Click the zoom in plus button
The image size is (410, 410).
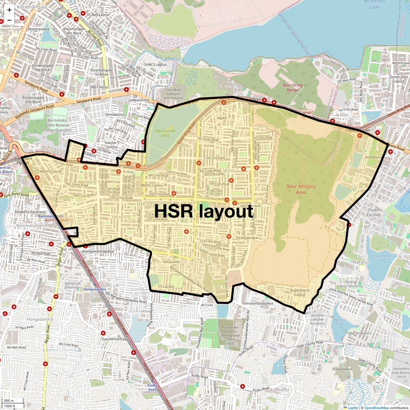(9, 10)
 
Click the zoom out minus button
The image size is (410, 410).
(9, 20)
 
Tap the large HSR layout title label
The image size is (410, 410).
(204, 211)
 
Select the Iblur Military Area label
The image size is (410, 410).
(301, 189)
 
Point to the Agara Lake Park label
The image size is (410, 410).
(165, 133)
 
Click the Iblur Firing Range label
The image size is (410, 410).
(292, 87)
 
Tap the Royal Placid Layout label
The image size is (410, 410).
(300, 292)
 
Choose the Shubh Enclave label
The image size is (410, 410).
(373, 212)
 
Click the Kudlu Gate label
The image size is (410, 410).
(152, 387)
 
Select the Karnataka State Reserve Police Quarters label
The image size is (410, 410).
(57, 125)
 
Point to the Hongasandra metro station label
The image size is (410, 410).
(95, 289)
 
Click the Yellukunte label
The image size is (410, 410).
(171, 262)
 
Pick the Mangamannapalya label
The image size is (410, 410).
(98, 251)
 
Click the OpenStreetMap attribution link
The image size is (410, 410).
(376, 408)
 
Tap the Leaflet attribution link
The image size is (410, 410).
(353, 408)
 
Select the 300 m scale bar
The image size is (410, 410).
(9, 401)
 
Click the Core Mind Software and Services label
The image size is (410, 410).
(173, 94)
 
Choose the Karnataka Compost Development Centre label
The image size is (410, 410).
(230, 335)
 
